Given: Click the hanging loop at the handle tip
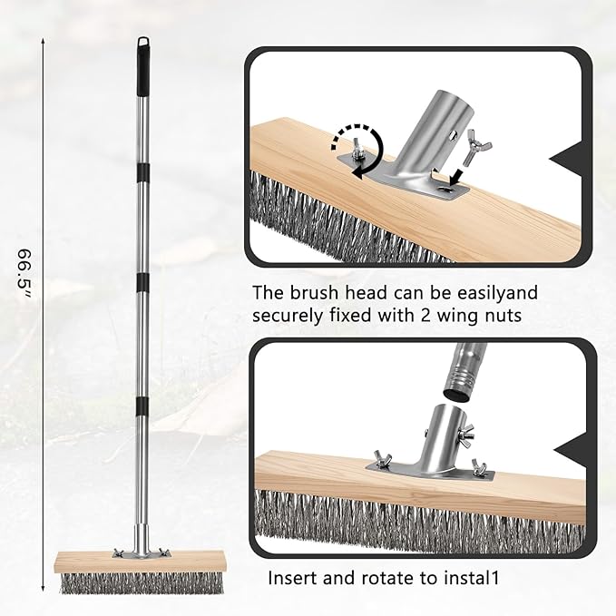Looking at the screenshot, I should tap(143, 43).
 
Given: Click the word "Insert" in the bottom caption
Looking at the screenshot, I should tap(292, 577).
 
